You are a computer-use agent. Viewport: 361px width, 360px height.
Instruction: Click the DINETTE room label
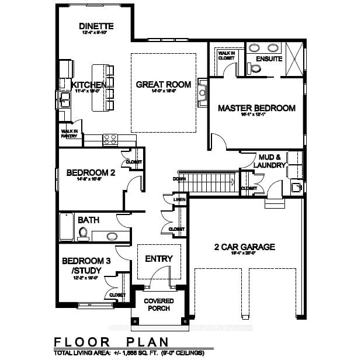point(96,26)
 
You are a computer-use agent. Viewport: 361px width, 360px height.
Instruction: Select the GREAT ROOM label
point(163,85)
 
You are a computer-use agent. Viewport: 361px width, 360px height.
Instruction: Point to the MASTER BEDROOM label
point(256,108)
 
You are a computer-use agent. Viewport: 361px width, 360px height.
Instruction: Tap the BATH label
point(88,220)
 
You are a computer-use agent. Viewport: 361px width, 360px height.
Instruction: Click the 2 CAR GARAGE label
point(244,247)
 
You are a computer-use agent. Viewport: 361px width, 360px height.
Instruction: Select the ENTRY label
point(158,259)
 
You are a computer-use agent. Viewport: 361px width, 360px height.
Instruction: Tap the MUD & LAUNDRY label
point(270,161)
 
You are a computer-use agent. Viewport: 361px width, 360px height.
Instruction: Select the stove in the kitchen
point(111,139)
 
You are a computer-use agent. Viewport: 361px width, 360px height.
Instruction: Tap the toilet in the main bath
point(83,234)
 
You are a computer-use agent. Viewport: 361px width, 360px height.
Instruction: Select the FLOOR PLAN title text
point(111,341)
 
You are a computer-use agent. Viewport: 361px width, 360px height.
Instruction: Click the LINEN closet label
point(179,200)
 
